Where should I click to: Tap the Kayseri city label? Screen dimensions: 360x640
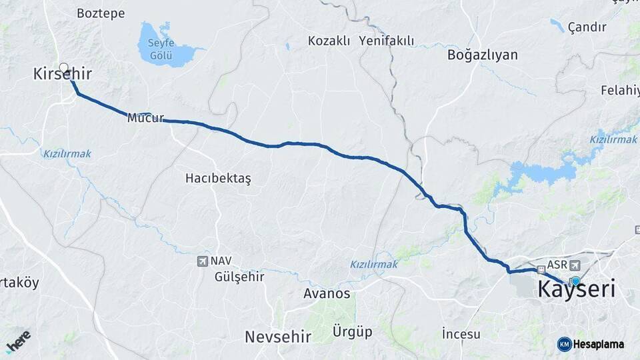[576, 290]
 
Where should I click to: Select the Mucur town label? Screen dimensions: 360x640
[145, 118]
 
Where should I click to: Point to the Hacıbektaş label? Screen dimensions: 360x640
[218, 179]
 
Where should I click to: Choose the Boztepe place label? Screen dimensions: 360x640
[101, 13]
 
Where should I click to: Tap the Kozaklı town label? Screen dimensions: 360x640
[329, 41]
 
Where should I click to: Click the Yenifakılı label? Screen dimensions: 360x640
[386, 41]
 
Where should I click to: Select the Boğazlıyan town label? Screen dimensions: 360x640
[483, 55]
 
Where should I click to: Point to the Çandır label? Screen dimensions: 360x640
[587, 27]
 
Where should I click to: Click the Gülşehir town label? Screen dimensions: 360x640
[239, 277]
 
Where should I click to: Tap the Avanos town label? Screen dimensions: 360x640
[327, 293]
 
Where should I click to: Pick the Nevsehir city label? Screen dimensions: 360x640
[279, 337]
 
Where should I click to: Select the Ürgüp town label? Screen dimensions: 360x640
[353, 331]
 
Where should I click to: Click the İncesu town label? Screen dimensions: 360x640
[461, 333]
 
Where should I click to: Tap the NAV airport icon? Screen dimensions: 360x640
[203, 261]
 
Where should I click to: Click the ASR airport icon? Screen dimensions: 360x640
[575, 265]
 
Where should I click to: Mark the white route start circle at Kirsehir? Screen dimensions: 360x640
[64, 67]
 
